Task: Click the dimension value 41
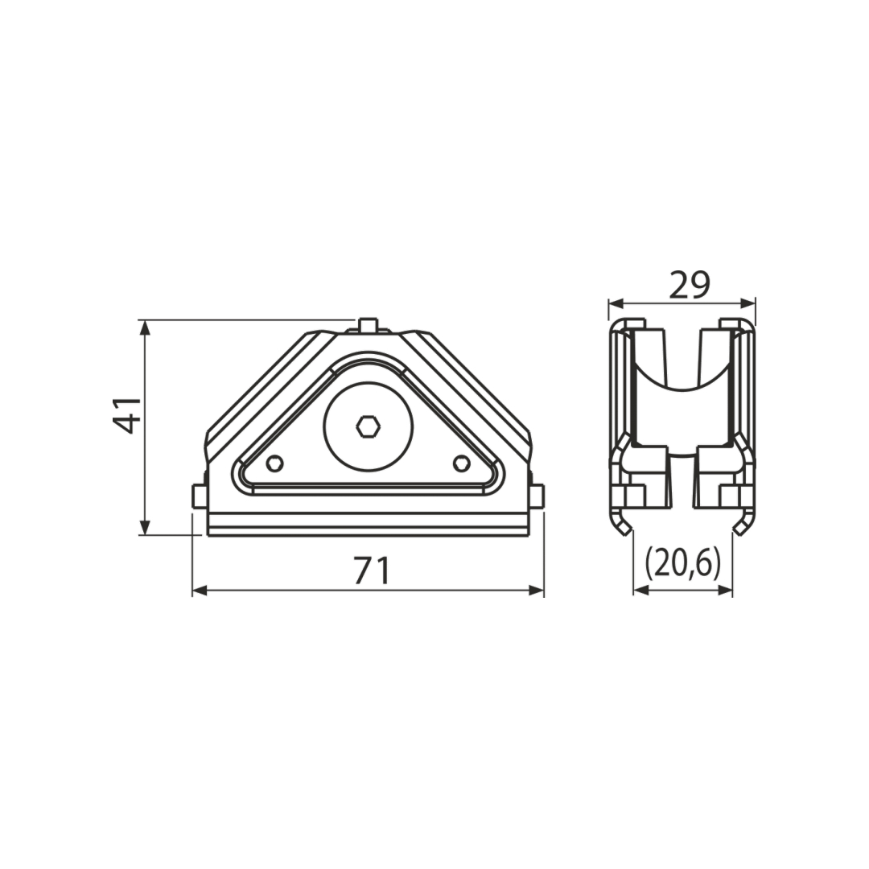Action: pos(127,414)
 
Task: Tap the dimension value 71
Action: pos(373,570)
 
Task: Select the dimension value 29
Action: pos(690,285)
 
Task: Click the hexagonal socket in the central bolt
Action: pos(368,427)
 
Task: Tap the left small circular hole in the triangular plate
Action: pos(275,463)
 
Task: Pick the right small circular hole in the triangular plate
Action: pos(462,463)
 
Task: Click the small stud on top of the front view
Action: pos(368,325)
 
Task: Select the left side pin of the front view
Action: pos(200,496)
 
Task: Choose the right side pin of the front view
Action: pos(537,496)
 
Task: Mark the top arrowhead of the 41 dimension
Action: pos(145,328)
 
